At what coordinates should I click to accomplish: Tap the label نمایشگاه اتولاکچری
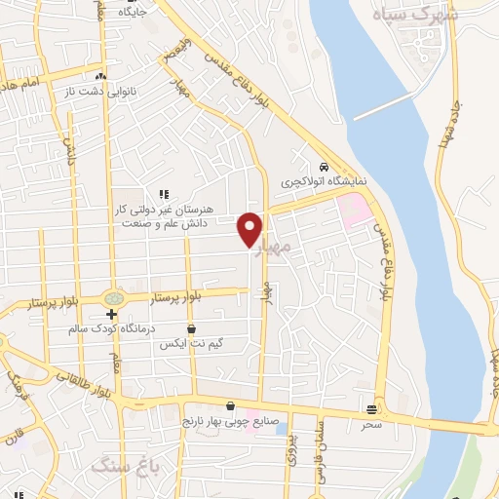pyautogui.click(x=315, y=182)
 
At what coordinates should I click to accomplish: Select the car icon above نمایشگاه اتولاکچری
pyautogui.click(x=323, y=166)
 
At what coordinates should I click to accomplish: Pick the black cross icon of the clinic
pyautogui.click(x=112, y=314)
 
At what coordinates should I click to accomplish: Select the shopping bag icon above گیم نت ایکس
pyautogui.click(x=190, y=329)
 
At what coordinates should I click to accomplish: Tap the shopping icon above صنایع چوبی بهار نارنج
pyautogui.click(x=229, y=406)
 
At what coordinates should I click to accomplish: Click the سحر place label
pyautogui.click(x=371, y=424)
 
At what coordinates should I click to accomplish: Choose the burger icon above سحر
pyautogui.click(x=371, y=409)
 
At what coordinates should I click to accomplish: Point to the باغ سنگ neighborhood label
pyautogui.click(x=118, y=468)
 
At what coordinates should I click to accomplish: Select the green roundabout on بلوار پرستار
pyautogui.click(x=113, y=297)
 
